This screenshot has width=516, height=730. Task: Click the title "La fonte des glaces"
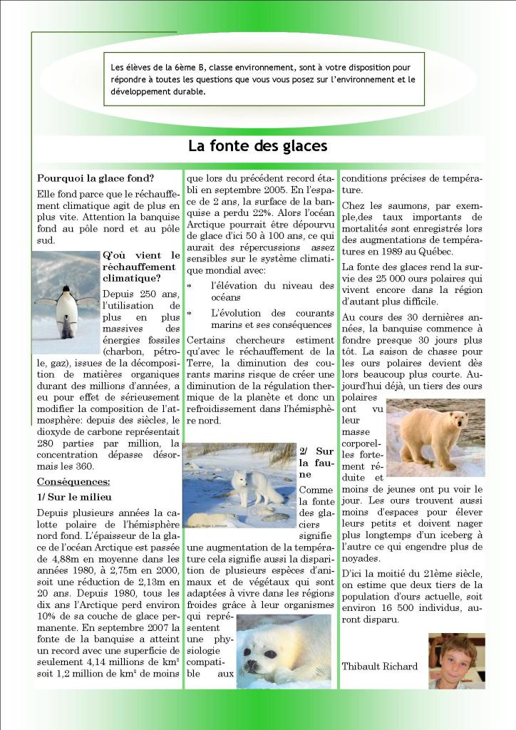257,146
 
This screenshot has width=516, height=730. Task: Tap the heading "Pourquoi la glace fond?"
96,178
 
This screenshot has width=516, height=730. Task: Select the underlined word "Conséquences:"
73,481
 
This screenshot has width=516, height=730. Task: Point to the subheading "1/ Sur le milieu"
74,497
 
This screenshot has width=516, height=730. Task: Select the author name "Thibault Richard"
379,667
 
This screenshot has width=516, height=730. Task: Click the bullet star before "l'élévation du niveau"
189,287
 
